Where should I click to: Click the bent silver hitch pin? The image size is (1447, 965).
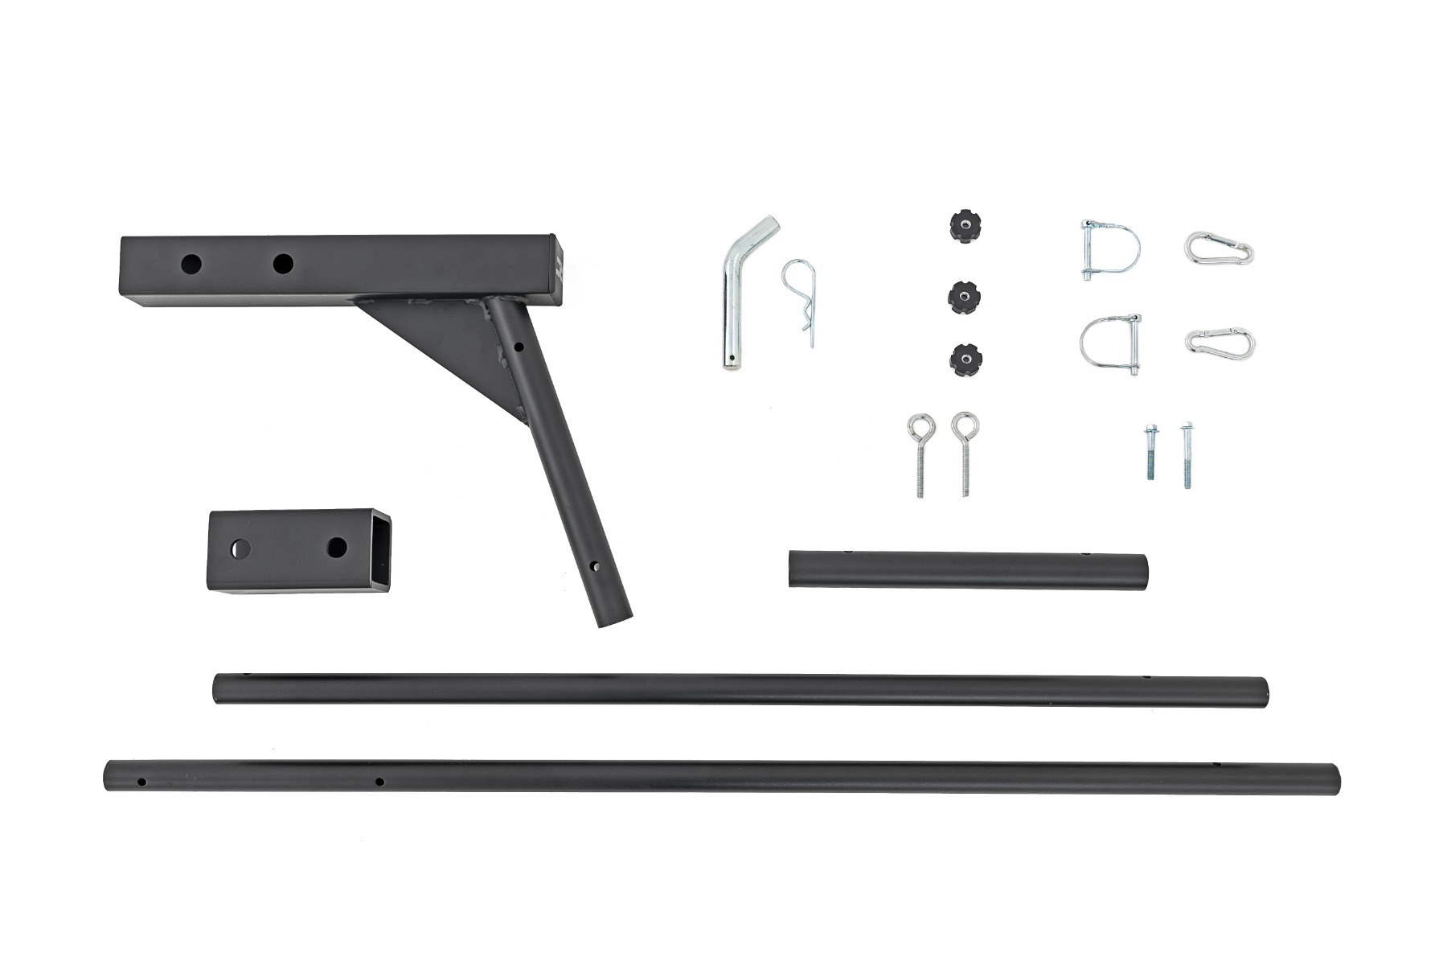pyautogui.click(x=733, y=306)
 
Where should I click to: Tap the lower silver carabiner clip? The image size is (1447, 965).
pyautogui.click(x=1219, y=341)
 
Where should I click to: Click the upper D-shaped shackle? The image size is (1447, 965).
pyautogui.click(x=1110, y=250)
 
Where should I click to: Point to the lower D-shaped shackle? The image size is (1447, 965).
pyautogui.click(x=1110, y=345)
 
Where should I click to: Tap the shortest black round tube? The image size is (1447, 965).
pyautogui.click(x=968, y=569)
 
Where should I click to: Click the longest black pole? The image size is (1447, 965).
pyautogui.click(x=721, y=778)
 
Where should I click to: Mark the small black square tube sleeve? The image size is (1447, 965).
pyautogui.click(x=297, y=552)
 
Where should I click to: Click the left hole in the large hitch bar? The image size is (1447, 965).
pyautogui.click(x=191, y=263)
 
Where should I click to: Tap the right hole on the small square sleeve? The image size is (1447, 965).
pyautogui.click(x=338, y=548)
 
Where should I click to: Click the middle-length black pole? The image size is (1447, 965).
pyautogui.click(x=740, y=691)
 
